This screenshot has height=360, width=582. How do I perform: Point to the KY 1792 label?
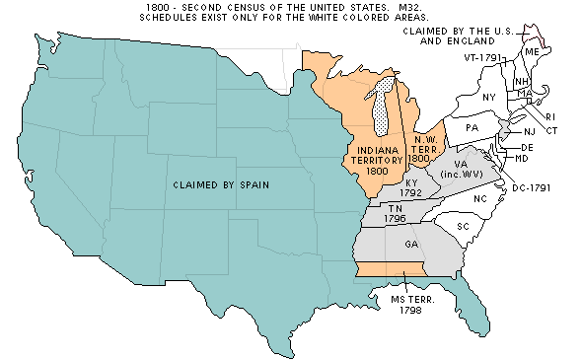pyautogui.click(x=410, y=187)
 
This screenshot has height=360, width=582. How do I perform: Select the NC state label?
pyautogui.click(x=480, y=199)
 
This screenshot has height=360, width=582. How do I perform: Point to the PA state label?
pyautogui.click(x=472, y=128)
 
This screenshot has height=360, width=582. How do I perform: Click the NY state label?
pyautogui.click(x=489, y=97)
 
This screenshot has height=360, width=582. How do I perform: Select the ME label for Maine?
pyautogui.click(x=532, y=50)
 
